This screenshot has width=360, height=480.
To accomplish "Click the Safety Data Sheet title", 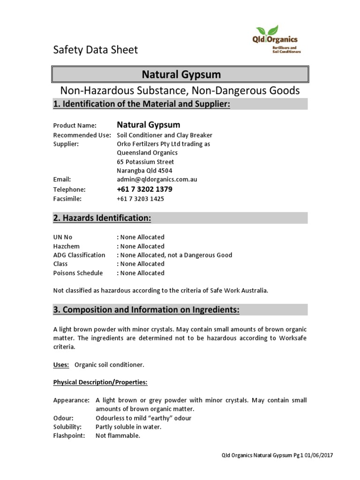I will click(x=96, y=50).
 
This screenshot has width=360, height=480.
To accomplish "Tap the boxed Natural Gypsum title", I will click(x=180, y=75).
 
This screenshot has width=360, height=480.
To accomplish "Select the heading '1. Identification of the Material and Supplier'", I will click(x=142, y=104).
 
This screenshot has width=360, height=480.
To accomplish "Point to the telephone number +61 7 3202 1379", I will click(x=144, y=189).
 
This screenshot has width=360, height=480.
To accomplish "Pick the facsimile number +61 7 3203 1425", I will click(x=141, y=199).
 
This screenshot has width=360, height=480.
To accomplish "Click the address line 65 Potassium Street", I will click(x=145, y=162).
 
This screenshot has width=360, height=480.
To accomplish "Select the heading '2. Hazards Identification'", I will click(x=102, y=218).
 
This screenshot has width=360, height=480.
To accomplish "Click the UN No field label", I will click(x=63, y=237).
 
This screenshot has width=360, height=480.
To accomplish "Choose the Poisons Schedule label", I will click(x=78, y=273).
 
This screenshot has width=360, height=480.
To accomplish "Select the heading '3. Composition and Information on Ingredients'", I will click(x=146, y=310).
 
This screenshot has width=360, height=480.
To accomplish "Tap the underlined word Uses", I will click(x=61, y=365).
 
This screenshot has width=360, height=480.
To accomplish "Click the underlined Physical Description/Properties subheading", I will click(x=100, y=382).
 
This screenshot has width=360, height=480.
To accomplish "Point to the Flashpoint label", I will click(x=69, y=435).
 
